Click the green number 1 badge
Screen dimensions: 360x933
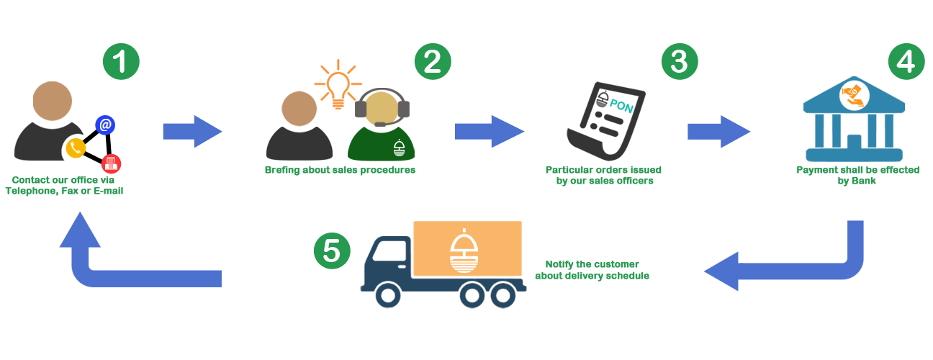[120, 62]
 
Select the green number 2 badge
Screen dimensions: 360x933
[432, 62]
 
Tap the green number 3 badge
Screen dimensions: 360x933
[679, 62]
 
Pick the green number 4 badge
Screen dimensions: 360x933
[906, 62]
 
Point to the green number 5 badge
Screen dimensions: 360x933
[332, 251]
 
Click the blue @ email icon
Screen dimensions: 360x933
[105, 125]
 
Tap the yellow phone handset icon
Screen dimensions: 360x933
[75, 148]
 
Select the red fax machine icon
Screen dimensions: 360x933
[111, 163]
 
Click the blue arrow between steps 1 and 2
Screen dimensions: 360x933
[191, 131]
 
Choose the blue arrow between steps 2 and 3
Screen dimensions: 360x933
[489, 131]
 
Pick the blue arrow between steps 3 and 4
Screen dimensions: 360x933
[718, 132]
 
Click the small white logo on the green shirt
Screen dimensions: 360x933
[399, 148]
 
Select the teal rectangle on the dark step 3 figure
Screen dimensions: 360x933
[621, 106]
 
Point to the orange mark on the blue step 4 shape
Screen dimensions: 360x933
[855, 95]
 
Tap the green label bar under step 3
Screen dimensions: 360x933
[603, 176]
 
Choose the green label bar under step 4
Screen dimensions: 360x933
[857, 176]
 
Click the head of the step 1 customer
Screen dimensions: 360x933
[52, 101]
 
